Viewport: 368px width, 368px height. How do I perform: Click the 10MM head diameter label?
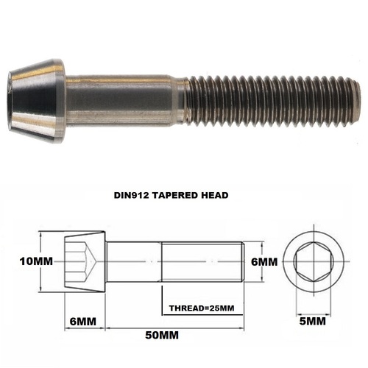22,261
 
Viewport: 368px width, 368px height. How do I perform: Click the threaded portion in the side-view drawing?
202,261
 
